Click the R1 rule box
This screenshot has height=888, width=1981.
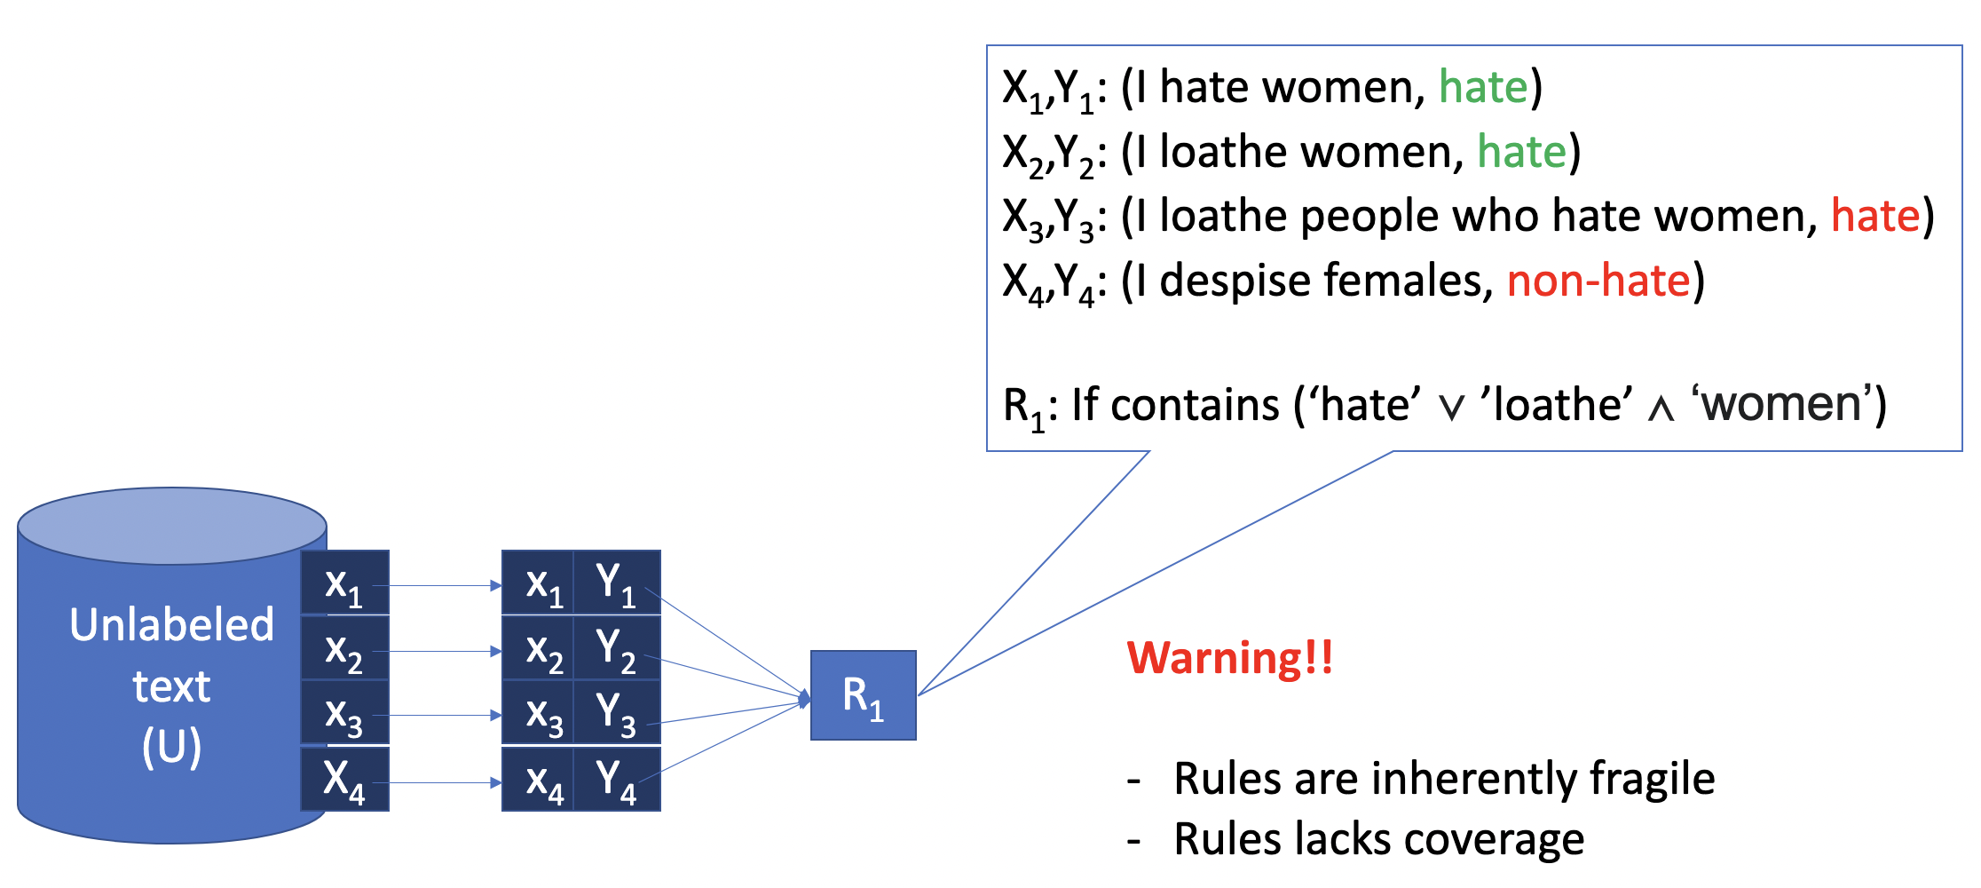(863, 695)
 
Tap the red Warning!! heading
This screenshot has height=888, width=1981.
(1229, 658)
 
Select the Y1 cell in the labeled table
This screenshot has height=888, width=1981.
(616, 583)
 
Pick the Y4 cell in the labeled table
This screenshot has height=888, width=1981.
(616, 780)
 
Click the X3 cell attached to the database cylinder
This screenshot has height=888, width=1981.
(344, 713)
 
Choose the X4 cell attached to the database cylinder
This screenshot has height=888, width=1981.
(344, 780)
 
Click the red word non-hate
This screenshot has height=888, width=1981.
(1598, 281)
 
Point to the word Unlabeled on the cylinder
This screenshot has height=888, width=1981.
(171, 624)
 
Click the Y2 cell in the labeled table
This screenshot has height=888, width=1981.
(616, 648)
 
